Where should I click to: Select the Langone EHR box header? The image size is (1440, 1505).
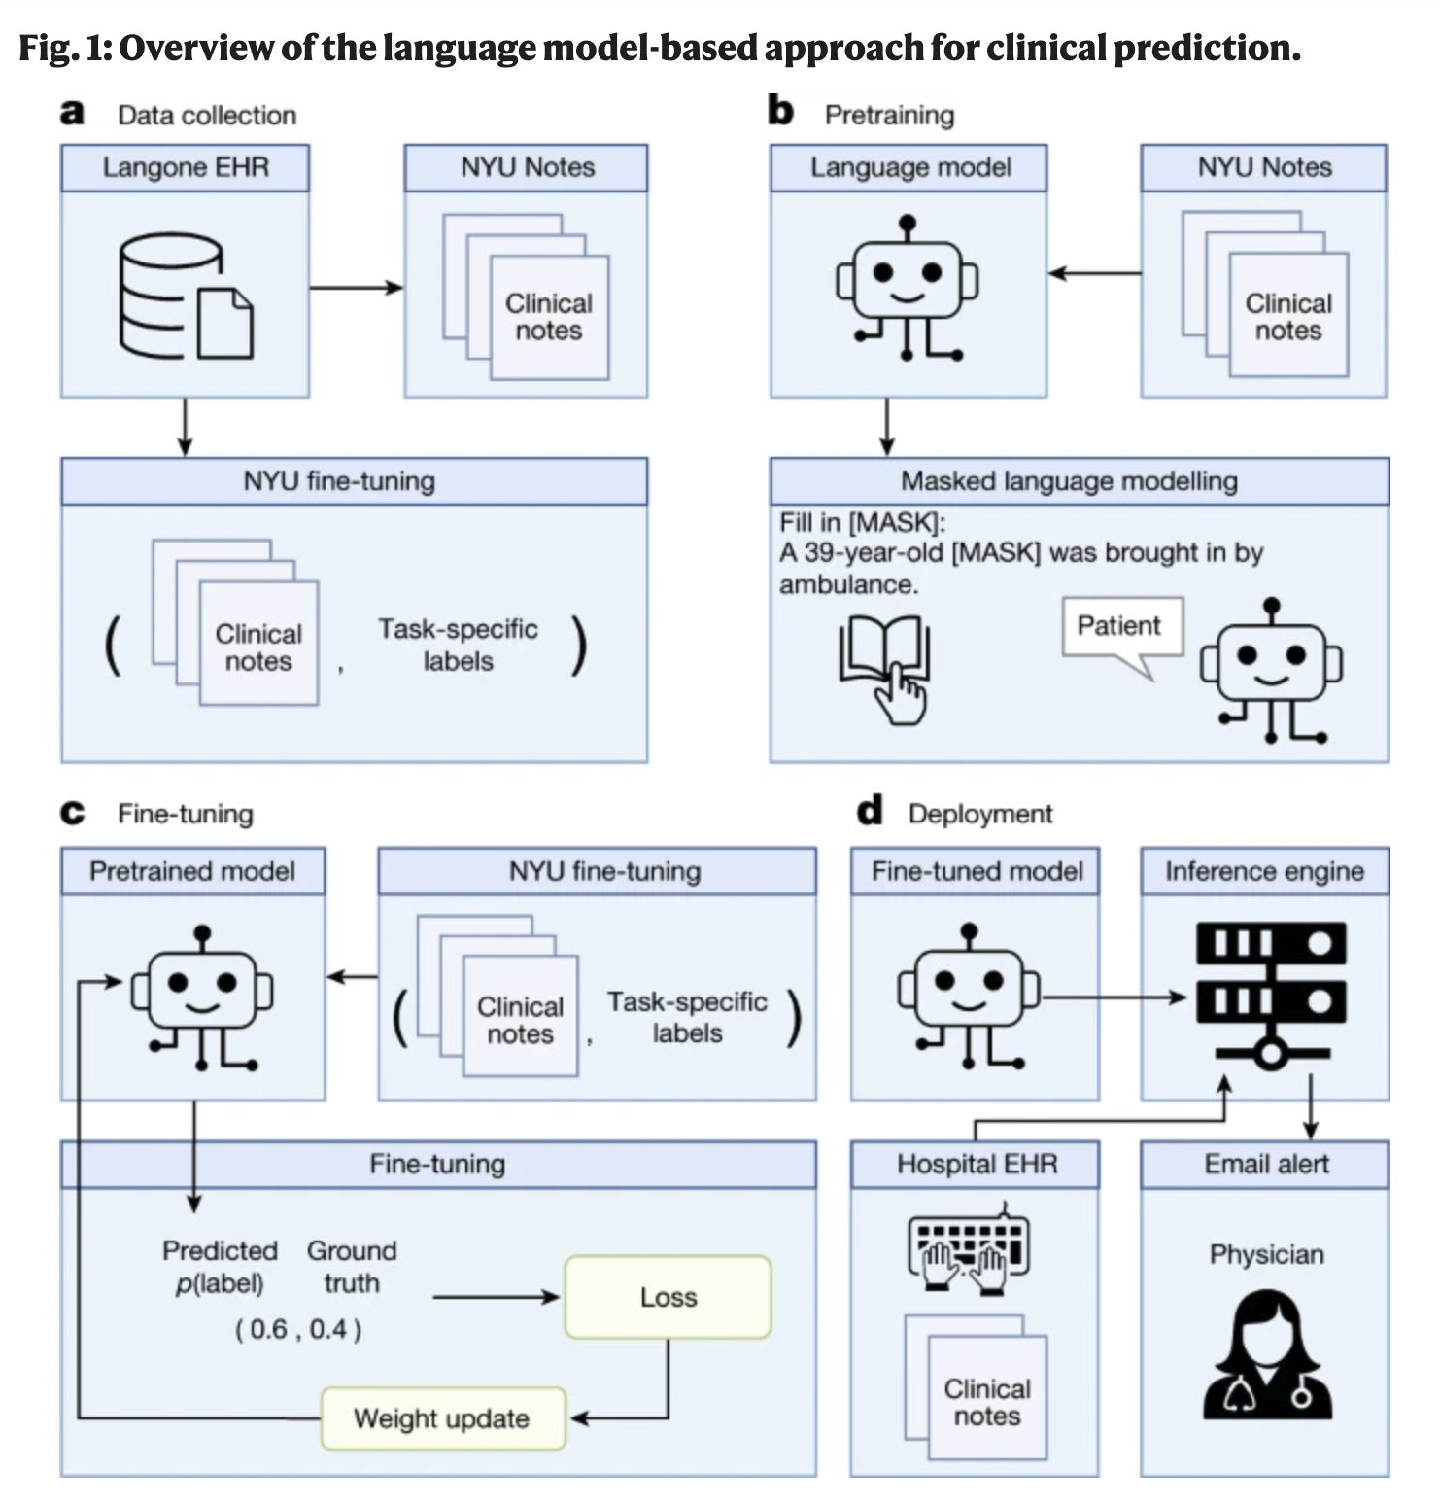185,167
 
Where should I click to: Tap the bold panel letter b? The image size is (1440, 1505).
780,112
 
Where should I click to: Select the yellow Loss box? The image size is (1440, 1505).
668,1297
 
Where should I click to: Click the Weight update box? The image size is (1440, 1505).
442,1418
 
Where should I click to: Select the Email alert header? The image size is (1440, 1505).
1265,1164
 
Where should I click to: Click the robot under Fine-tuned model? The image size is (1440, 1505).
968,994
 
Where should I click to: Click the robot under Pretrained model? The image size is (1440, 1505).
202,996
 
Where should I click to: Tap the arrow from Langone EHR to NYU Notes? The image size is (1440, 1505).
356,287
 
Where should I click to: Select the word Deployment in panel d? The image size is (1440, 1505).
979,814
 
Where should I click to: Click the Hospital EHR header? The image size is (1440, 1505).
976,1164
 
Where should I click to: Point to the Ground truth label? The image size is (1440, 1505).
352,1266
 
